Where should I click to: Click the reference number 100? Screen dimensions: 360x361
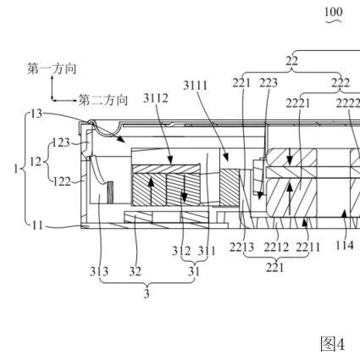tap(334, 12)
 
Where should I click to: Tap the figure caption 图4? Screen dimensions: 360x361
tap(332, 344)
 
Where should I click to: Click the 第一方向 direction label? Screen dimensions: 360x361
tap(52, 69)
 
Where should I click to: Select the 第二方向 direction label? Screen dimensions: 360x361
tap(102, 100)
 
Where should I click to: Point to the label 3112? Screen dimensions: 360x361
tap(156, 98)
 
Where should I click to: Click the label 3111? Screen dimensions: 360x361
tap(196, 86)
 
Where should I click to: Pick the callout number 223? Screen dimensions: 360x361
tap(269, 83)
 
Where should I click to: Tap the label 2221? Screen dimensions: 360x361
tap(298, 103)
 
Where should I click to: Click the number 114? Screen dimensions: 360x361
tap(344, 245)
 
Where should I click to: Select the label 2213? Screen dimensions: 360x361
tap(241, 247)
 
